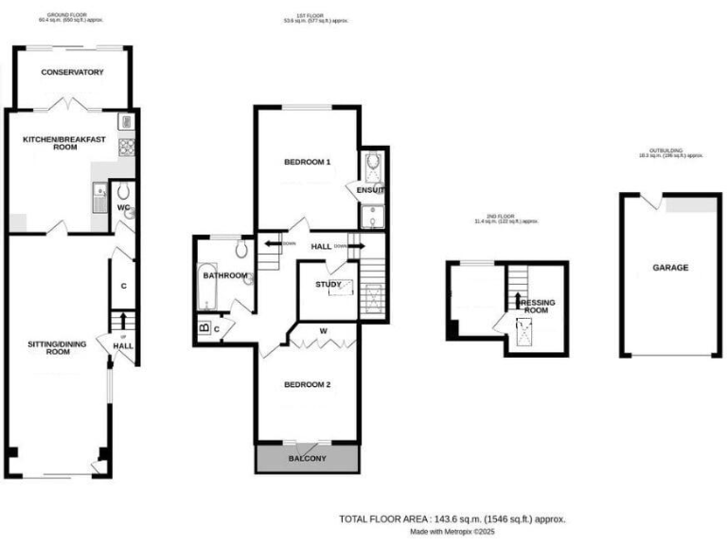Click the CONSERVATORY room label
[x=72, y=72]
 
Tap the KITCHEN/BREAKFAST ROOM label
[x=62, y=142]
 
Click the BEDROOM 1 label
[x=308, y=163]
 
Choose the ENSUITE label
[x=370, y=190]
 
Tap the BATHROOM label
[x=229, y=276]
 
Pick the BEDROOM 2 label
[x=308, y=384]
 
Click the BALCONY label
[x=307, y=459]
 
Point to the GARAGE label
[x=670, y=268]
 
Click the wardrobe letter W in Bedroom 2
[x=324, y=331]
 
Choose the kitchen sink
[x=100, y=200]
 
